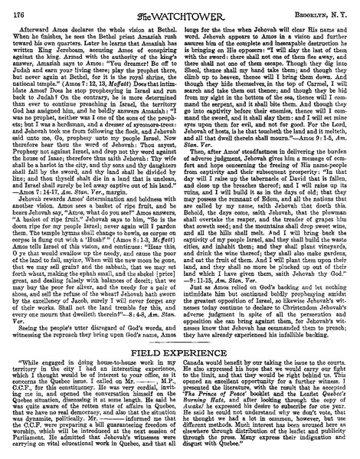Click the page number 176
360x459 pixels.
pos(18,8)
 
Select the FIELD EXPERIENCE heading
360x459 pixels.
pos(180,340)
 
